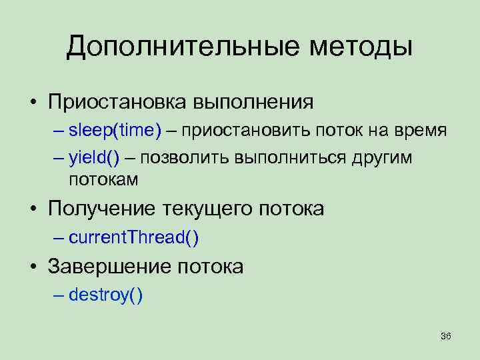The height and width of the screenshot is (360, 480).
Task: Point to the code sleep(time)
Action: tap(115, 131)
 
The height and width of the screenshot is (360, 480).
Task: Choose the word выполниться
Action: tap(287, 159)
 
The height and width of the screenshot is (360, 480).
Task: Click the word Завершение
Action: tap(107, 267)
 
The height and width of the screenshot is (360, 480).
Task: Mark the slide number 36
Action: tap(446, 337)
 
